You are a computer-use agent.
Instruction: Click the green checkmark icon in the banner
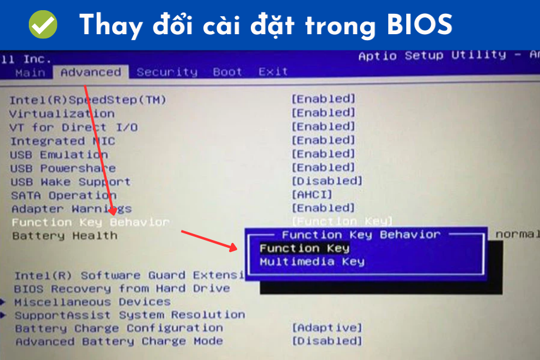(43, 25)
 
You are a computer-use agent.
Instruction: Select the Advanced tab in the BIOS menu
(91, 72)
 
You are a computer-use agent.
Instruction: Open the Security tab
(167, 72)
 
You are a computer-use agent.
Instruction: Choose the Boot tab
(227, 72)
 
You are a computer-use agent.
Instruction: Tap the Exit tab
(273, 72)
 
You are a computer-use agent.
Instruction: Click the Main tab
(30, 73)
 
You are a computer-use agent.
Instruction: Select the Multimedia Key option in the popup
(312, 262)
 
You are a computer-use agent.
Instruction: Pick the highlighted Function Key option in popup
(304, 248)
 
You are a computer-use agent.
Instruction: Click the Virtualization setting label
(62, 113)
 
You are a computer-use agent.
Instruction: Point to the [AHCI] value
(311, 194)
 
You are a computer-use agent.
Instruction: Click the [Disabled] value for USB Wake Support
(327, 181)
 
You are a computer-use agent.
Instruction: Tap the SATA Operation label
(64, 196)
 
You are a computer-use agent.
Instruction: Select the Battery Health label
(65, 236)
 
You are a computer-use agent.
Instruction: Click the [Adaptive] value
(327, 328)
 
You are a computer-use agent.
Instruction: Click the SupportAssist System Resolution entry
(130, 315)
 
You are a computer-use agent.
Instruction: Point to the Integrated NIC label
(62, 141)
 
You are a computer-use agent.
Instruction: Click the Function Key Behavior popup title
(361, 235)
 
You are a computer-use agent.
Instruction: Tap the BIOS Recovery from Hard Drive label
(122, 289)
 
